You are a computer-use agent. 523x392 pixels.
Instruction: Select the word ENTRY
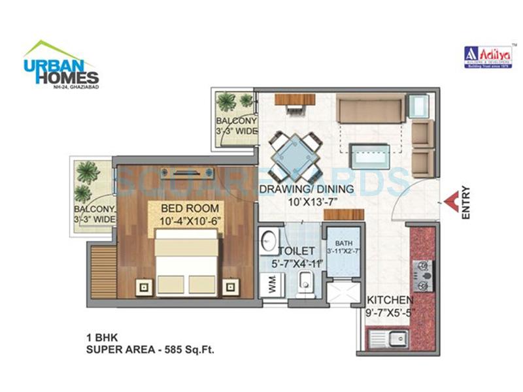click(x=465, y=203)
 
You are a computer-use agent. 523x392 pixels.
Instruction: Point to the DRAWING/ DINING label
click(x=307, y=189)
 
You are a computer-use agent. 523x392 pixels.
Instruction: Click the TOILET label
click(x=296, y=251)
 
